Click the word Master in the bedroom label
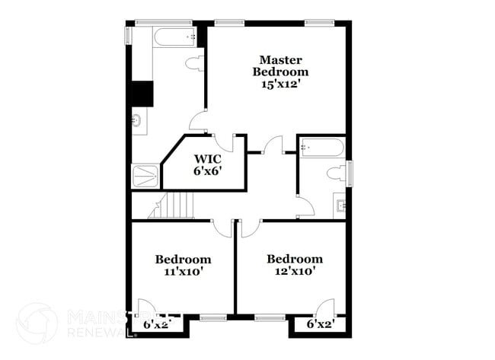click(x=281, y=59)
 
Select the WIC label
click(x=206, y=159)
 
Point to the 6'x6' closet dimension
click(x=206, y=171)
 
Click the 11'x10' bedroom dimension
click(x=183, y=270)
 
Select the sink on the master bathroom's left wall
click(x=137, y=120)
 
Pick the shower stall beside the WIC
click(x=146, y=176)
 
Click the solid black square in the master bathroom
click(x=142, y=94)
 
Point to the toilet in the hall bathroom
click(x=336, y=174)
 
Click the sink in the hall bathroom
click(x=340, y=205)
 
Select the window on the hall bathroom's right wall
click(x=351, y=174)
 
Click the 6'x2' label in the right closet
click(x=321, y=325)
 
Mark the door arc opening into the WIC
click(x=224, y=142)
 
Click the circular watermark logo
click(x=36, y=323)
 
